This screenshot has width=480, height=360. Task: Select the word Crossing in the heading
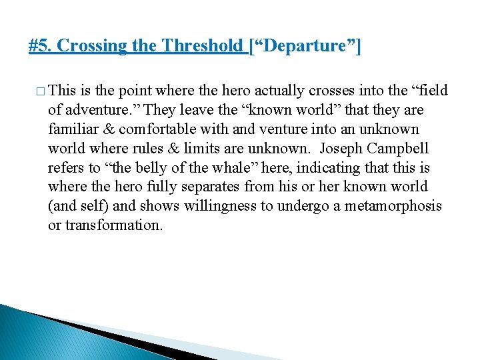tap(83, 47)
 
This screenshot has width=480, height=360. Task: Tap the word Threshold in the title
tap(203, 47)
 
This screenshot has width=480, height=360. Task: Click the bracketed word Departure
tap(304, 47)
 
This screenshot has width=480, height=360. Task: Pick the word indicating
tap(321, 167)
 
